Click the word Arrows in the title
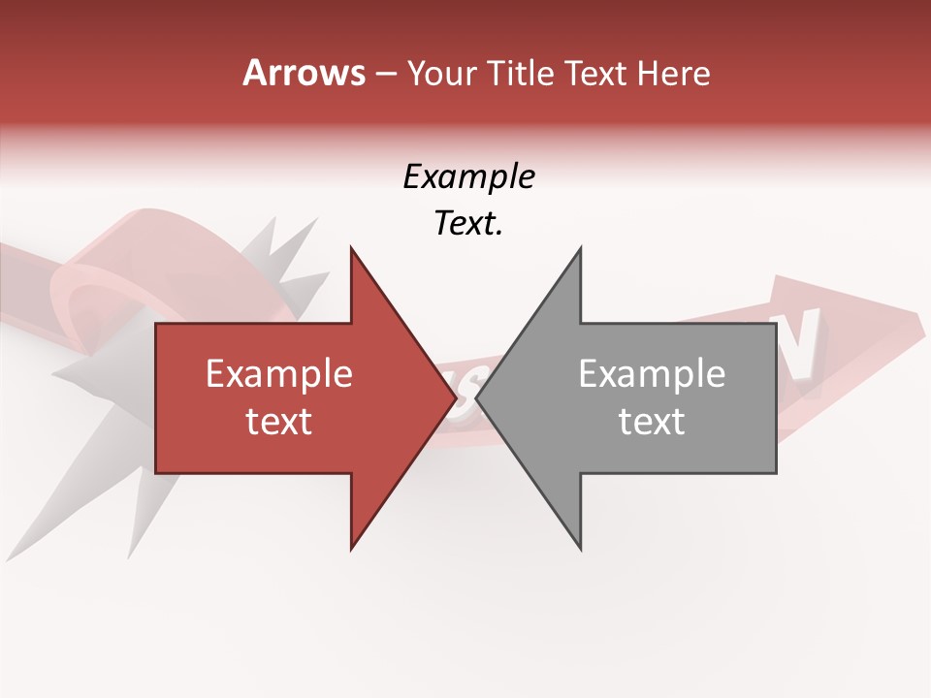click(305, 73)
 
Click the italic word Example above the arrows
click(468, 177)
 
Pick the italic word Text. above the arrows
click(468, 224)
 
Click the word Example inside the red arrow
click(279, 374)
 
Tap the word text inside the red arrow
click(279, 422)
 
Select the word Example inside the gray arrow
click(652, 374)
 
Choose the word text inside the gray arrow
click(652, 422)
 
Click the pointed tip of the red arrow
click(455, 398)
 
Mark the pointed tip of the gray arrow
click(477, 398)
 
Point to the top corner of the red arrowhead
click(351, 248)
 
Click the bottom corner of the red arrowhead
click(351, 550)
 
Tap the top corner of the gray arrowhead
click(580, 248)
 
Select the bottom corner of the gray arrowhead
click(580, 550)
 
